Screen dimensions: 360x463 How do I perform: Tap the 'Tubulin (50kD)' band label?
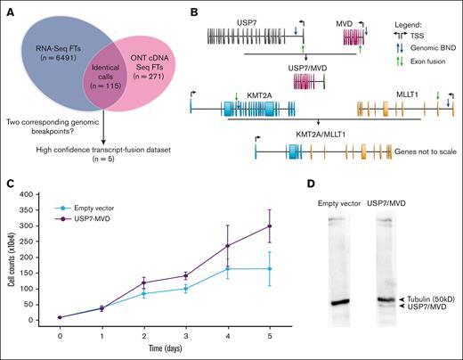pos(427,299)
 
